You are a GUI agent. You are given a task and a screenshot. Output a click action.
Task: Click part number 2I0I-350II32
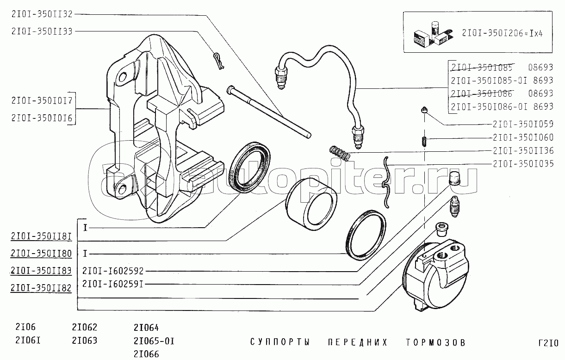pyautogui.click(x=42, y=14)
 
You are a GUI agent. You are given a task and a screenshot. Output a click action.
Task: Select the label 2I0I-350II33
pyautogui.click(x=42, y=31)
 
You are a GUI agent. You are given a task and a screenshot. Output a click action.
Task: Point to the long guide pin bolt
pyautogui.click(x=269, y=112)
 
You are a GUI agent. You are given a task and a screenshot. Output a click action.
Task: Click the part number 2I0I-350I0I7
pyautogui.click(x=42, y=100)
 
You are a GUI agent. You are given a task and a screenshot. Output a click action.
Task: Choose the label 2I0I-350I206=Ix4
pyautogui.click(x=502, y=33)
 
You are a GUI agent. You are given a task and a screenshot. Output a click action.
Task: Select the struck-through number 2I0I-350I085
pyautogui.click(x=482, y=68)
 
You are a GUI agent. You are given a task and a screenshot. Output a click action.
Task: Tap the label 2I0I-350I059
pyautogui.click(x=523, y=124)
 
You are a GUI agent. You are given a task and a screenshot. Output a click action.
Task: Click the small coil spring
pyautogui.click(x=340, y=153)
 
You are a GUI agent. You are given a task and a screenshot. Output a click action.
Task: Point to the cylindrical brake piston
pyautogui.click(x=311, y=205)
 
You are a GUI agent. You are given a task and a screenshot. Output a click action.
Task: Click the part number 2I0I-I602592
pyautogui.click(x=113, y=271)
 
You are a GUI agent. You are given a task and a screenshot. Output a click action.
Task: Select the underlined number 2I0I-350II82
pyautogui.click(x=41, y=288)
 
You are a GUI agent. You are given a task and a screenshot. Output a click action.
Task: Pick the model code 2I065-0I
pyautogui.click(x=154, y=341)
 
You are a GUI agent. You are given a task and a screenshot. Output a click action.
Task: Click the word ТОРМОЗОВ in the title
pyautogui.click(x=435, y=342)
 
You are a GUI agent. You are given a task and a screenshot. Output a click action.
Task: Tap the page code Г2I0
pyautogui.click(x=548, y=343)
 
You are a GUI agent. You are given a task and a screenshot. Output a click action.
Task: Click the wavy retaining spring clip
pyautogui.click(x=385, y=182)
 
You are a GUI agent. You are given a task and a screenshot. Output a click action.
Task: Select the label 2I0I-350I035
pyautogui.click(x=523, y=163)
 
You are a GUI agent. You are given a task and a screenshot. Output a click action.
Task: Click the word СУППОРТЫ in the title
pyautogui.click(x=280, y=342)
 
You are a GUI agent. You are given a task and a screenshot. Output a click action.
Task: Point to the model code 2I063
pyautogui.click(x=84, y=341)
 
